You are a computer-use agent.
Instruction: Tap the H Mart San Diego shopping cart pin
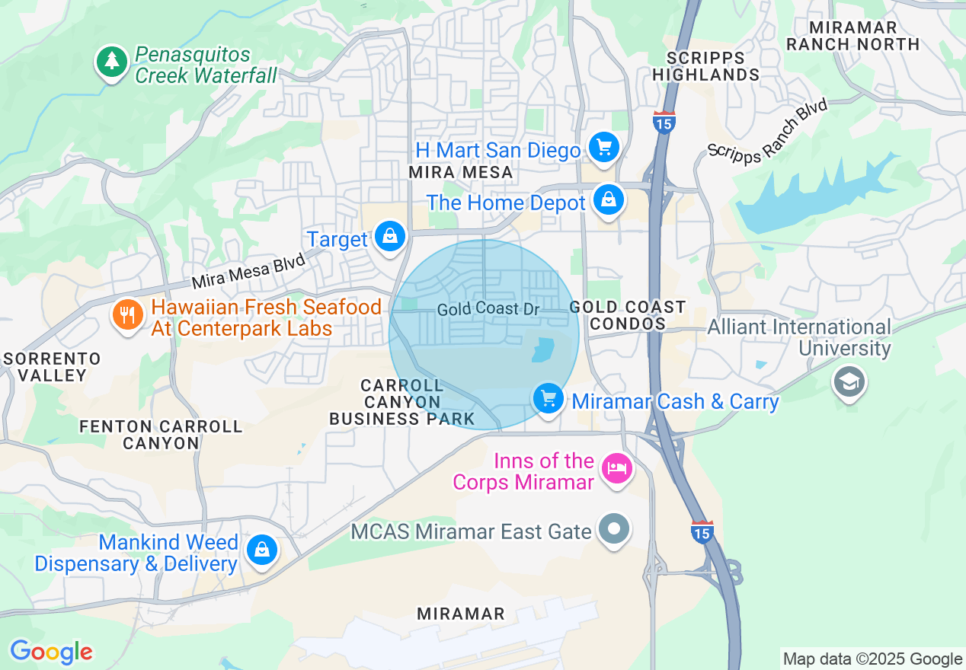[605, 145]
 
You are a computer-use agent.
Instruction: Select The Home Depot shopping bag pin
[609, 200]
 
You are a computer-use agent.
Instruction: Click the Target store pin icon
[390, 237]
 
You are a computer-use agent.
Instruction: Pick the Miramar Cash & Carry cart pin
[548, 398]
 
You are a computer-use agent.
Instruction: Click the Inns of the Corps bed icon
[616, 468]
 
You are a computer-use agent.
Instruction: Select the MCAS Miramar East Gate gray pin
[614, 528]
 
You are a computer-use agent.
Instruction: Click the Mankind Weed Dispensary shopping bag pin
[262, 549]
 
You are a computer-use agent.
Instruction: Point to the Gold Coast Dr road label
[488, 310]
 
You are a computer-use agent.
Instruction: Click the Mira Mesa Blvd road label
[248, 271]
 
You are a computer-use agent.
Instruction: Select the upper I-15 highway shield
[664, 122]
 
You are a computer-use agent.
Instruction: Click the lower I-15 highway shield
[702, 531]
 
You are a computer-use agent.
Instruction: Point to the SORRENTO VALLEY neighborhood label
[53, 367]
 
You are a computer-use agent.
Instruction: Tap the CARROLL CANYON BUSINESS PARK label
[402, 402]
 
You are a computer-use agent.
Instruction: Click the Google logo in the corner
[51, 652]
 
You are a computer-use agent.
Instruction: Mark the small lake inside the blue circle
[543, 349]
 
